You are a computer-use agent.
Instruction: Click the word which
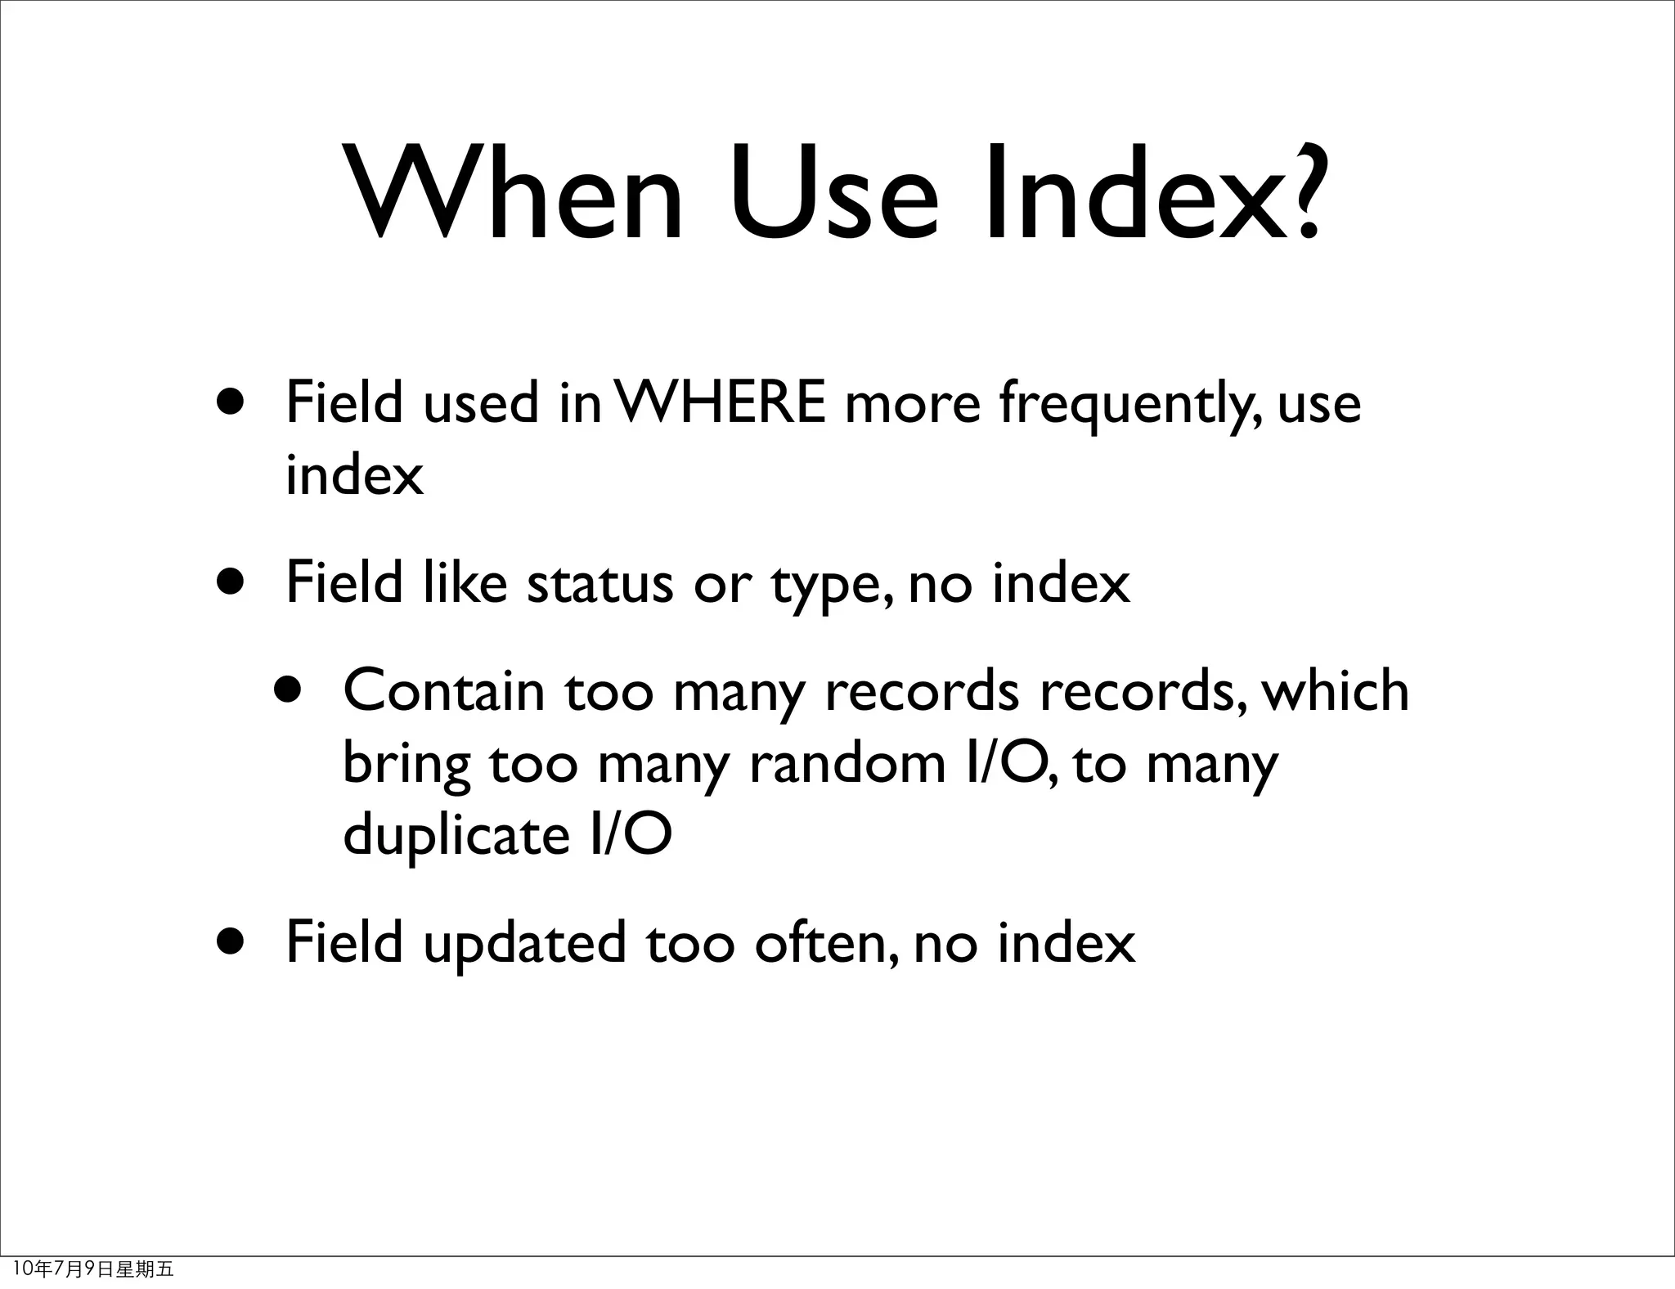pyautogui.click(x=1336, y=691)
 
